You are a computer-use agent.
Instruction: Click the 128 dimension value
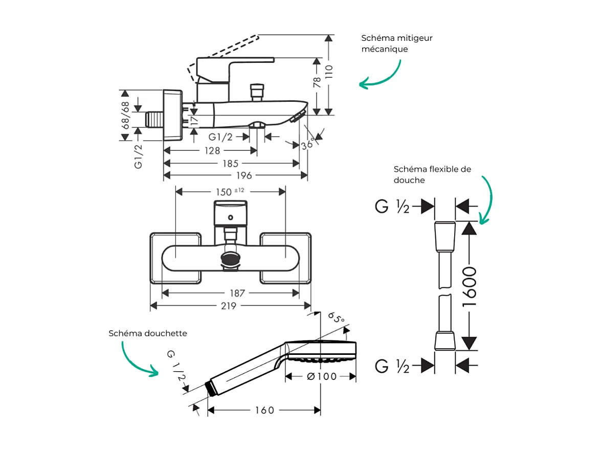(212, 151)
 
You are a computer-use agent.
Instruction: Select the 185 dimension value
(230, 164)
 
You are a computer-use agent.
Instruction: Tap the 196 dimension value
(243, 176)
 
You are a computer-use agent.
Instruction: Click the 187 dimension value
(237, 294)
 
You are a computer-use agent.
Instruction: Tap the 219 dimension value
(229, 306)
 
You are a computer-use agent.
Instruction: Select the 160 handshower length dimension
(264, 410)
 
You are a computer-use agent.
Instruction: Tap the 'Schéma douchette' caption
(148, 333)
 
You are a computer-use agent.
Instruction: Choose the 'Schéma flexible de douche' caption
(432, 174)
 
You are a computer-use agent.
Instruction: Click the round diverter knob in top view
(231, 258)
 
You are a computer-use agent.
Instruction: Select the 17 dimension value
(193, 121)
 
